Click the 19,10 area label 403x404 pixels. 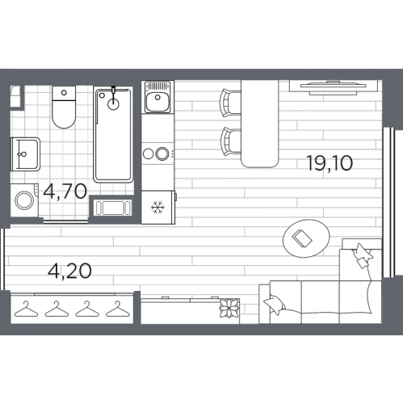pyautogui.click(x=330, y=163)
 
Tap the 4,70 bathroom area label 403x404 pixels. pyautogui.click(x=65, y=191)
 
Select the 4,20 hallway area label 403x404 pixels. pyautogui.click(x=69, y=271)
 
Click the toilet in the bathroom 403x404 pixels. pyautogui.click(x=64, y=107)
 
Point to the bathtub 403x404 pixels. pyautogui.click(x=113, y=134)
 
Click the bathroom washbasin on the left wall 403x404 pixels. pyautogui.click(x=25, y=154)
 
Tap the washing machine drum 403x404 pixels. pyautogui.click(x=24, y=200)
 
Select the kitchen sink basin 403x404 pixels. pyautogui.click(x=157, y=102)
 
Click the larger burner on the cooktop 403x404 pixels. pyautogui.click(x=162, y=154)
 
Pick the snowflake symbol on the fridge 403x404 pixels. pyautogui.click(x=157, y=208)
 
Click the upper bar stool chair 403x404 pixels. pyautogui.click(x=230, y=103)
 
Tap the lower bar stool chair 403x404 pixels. pyautogui.click(x=231, y=141)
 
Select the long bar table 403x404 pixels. pyautogui.click(x=259, y=124)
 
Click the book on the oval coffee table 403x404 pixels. pyautogui.click(x=302, y=238)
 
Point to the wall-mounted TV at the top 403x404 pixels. pyautogui.click(x=334, y=86)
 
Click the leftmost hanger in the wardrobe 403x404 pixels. pyautogui.click(x=26, y=309)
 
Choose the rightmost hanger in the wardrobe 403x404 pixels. pyautogui.click(x=118, y=309)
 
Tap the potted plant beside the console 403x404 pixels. pyautogui.click(x=229, y=308)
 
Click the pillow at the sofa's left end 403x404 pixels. pyautogui.click(x=275, y=304)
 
